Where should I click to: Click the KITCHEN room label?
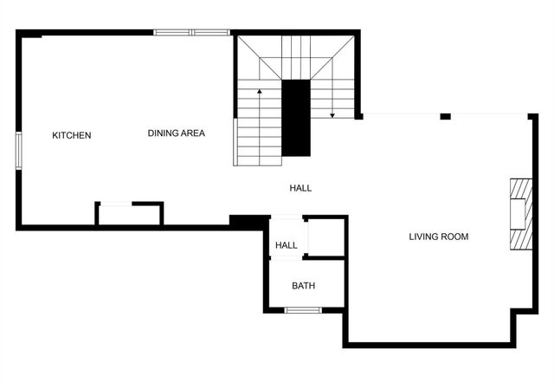(x=71, y=135)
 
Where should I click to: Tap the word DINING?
(x=163, y=133)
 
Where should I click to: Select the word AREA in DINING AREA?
(x=193, y=133)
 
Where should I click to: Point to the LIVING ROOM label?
(x=438, y=237)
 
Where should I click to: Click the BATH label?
(x=303, y=286)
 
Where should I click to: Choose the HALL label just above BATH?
(x=287, y=246)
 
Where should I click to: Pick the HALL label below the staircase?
(x=300, y=188)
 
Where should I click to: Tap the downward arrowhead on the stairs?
(x=332, y=114)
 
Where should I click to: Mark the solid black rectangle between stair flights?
(x=296, y=117)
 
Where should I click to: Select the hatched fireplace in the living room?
(x=520, y=214)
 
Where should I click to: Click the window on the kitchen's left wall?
(x=18, y=149)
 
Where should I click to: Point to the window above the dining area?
(x=191, y=33)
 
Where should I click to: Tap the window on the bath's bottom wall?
(x=303, y=309)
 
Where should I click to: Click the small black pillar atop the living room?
(x=445, y=116)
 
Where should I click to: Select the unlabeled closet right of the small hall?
(x=325, y=237)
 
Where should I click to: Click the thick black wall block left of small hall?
(x=247, y=222)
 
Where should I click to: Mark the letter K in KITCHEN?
(x=55, y=135)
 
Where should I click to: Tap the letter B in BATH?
(x=294, y=286)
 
